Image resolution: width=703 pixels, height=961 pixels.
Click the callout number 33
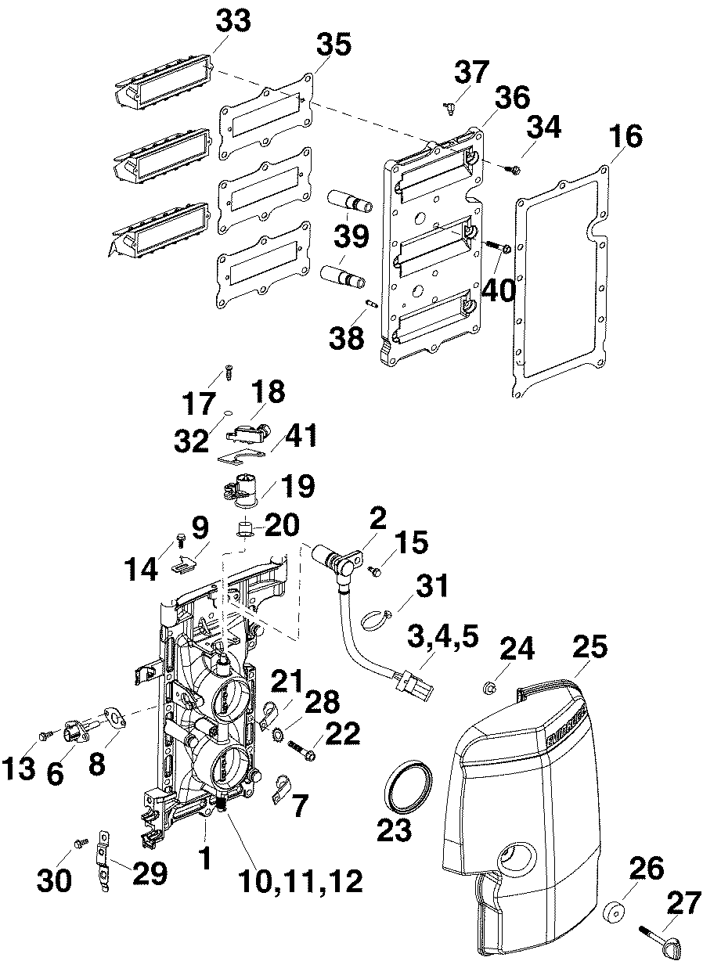pyautogui.click(x=233, y=21)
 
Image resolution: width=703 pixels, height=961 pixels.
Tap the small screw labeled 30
pyautogui.click(x=79, y=843)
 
